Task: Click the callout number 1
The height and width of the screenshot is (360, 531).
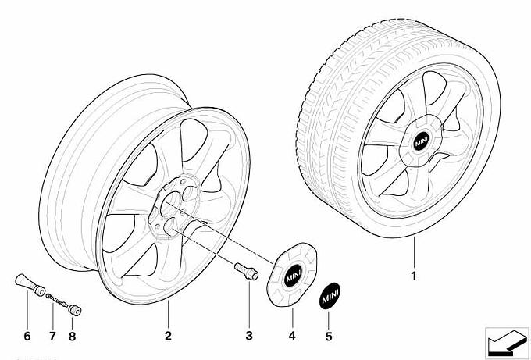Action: point(414,276)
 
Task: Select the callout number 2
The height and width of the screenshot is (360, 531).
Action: point(167,336)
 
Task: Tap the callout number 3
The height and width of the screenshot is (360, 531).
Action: point(249,336)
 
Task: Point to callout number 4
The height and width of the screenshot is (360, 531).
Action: point(292,336)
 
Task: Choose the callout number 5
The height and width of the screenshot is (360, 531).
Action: point(329,336)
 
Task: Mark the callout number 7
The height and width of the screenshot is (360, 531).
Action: point(52,337)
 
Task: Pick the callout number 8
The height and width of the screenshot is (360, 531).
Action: point(74,337)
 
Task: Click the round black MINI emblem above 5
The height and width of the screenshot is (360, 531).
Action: point(329,297)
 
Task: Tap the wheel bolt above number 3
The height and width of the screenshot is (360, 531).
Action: point(244,270)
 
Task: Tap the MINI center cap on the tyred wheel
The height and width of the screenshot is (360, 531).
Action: point(422,143)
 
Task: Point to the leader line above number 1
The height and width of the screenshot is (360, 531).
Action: point(414,254)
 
